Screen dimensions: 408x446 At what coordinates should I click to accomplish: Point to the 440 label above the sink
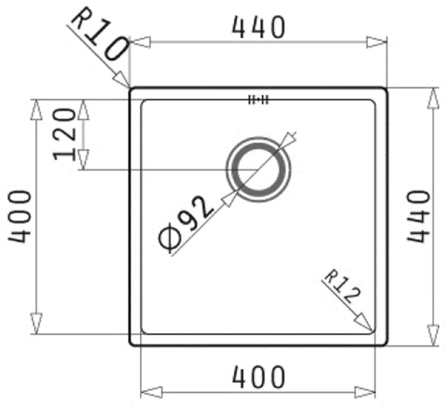click(259, 28)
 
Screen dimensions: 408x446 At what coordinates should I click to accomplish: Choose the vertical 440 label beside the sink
click(418, 216)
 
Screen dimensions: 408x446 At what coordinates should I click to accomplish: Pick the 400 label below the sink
click(259, 378)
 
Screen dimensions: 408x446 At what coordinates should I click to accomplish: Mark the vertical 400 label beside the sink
click(20, 216)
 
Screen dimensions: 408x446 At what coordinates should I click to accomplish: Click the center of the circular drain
click(259, 170)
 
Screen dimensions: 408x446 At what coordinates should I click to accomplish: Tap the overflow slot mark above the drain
click(259, 99)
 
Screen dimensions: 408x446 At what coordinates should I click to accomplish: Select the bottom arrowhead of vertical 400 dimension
click(36, 324)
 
